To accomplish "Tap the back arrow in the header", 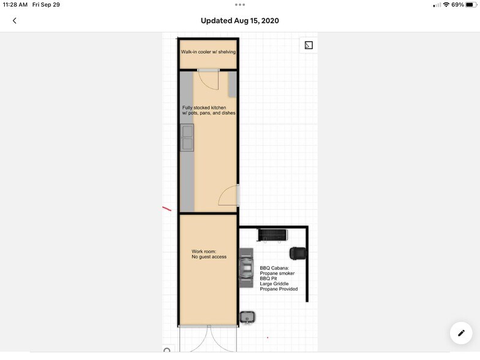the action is (x=15, y=21).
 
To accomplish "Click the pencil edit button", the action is (x=461, y=333).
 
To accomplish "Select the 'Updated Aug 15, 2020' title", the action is (x=240, y=21).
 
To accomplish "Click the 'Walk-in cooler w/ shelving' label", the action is (x=208, y=51).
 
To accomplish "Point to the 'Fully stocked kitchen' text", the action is (x=204, y=108).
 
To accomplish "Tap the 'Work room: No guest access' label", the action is (x=209, y=254).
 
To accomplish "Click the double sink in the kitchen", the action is (x=187, y=137).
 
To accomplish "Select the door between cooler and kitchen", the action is (x=208, y=80).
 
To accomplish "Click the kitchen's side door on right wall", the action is (x=229, y=195).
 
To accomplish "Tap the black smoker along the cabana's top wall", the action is (x=272, y=235).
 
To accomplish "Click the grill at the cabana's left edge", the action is (x=246, y=268).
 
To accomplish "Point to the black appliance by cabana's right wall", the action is (x=298, y=253).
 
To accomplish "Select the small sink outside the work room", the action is (x=247, y=317).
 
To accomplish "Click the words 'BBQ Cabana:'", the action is (x=274, y=268).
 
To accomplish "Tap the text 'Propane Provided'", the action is (x=279, y=289).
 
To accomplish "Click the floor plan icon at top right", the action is (x=309, y=45).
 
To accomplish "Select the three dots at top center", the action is (x=240, y=5).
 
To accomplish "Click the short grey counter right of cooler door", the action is (x=233, y=84).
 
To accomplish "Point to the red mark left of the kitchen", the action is (x=167, y=209).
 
